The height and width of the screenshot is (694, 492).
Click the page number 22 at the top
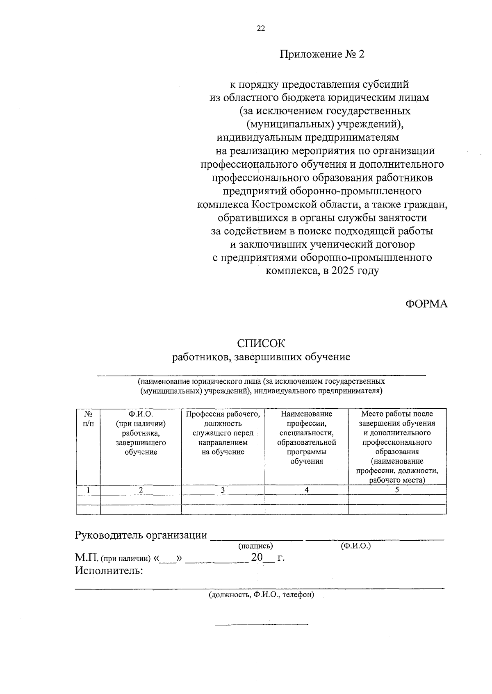point(261,28)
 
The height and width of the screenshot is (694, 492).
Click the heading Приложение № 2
point(322,54)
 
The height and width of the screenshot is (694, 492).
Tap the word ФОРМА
point(426,304)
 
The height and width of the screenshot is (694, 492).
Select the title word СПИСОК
point(261,344)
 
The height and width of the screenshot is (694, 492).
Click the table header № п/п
point(88,419)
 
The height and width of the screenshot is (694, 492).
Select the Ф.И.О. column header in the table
point(141,433)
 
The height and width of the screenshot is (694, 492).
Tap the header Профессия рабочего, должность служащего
point(223,433)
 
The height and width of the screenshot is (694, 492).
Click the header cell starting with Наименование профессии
point(307,437)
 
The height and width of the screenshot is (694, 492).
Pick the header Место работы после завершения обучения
point(397,447)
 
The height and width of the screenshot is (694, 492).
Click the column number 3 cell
point(223,490)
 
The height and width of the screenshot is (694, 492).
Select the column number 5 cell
point(397,490)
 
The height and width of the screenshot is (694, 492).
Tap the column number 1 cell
point(88,490)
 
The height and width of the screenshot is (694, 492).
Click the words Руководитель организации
point(141,535)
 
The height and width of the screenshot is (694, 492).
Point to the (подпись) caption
point(255,546)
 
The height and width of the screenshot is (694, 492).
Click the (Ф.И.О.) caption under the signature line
point(355,546)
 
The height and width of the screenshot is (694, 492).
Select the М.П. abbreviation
point(86,557)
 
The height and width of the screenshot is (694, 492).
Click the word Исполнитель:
point(109,570)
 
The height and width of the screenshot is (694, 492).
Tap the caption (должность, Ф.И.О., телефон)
point(261,595)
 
